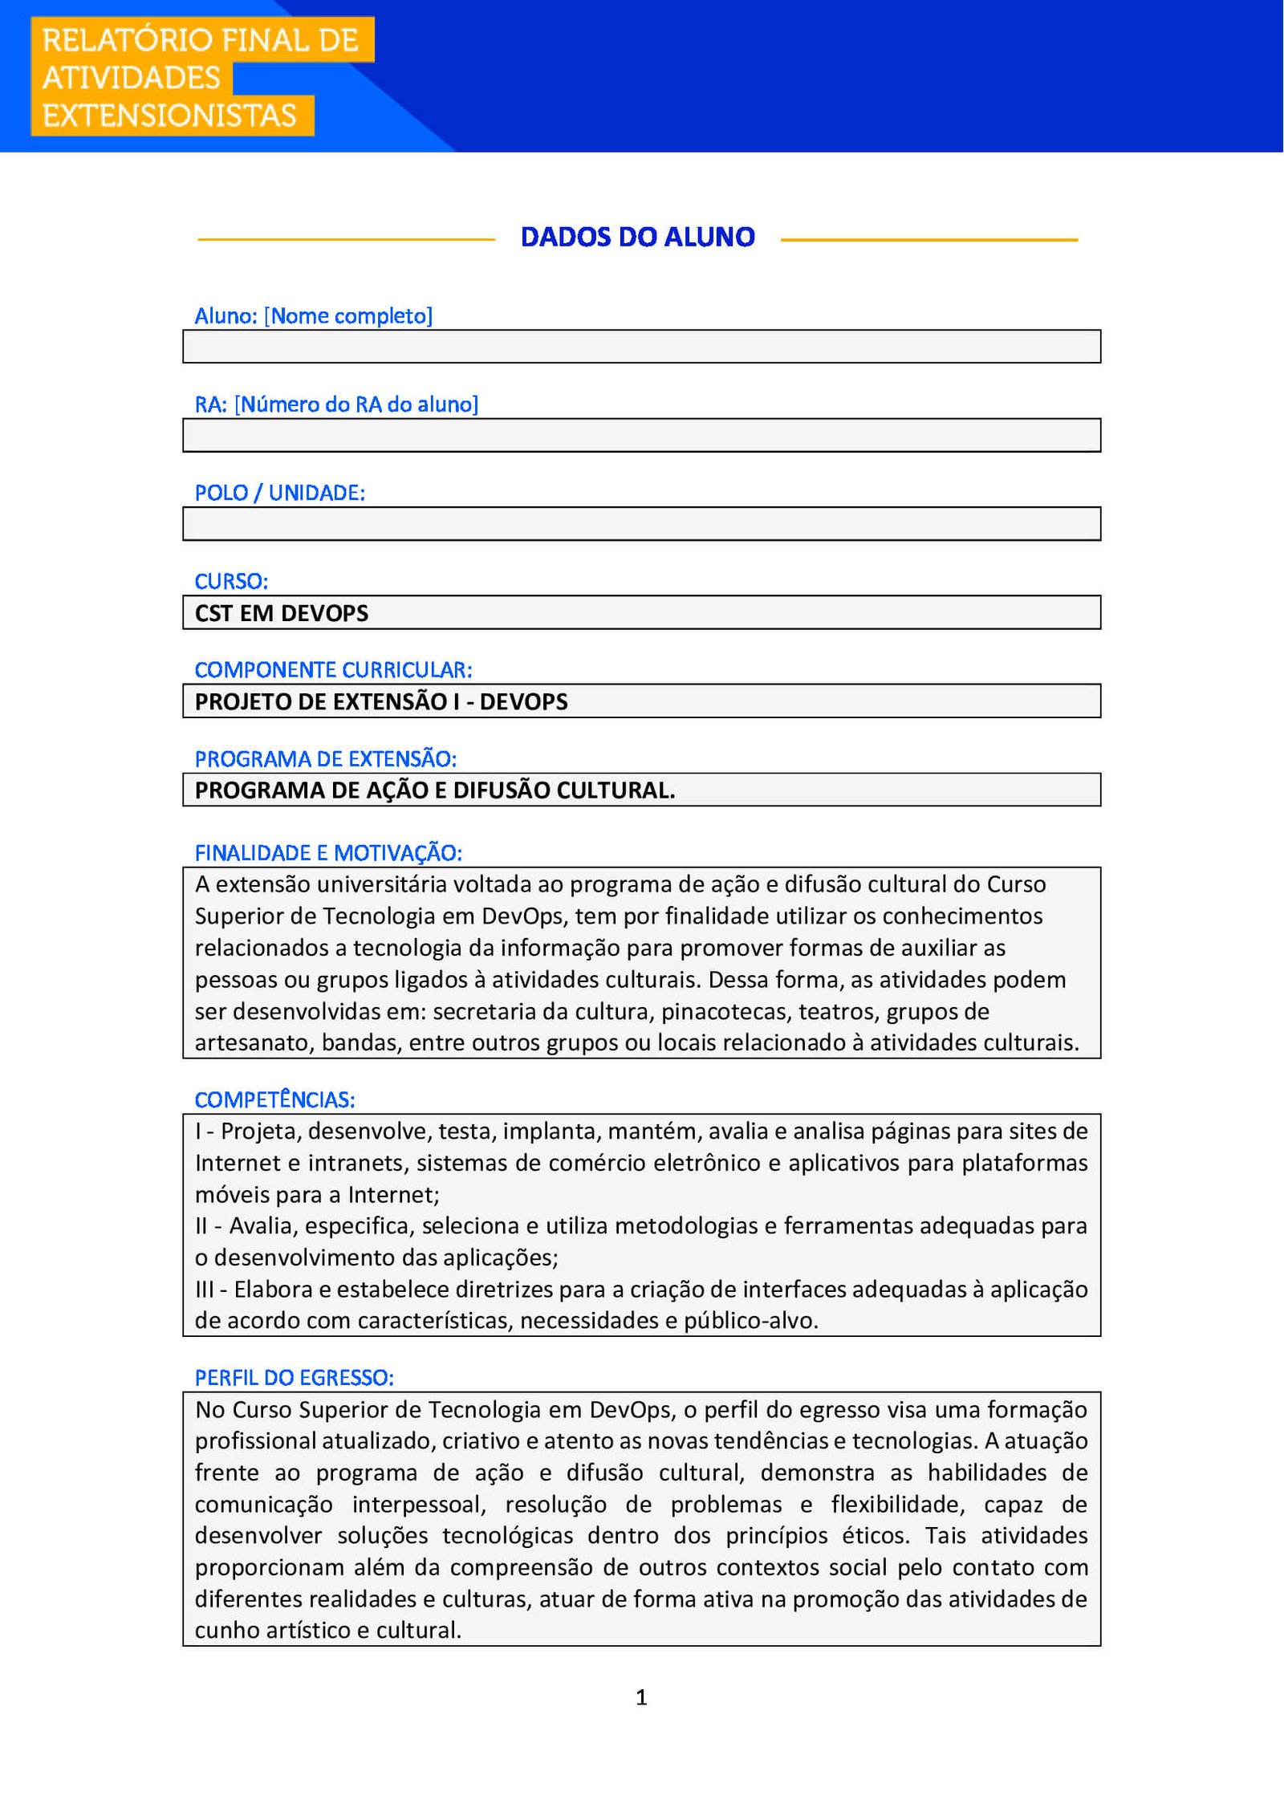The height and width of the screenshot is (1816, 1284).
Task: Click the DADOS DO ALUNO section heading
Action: pyautogui.click(x=637, y=238)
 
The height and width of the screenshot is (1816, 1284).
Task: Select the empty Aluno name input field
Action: pyautogui.click(x=641, y=347)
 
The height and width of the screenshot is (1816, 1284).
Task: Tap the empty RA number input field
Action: pyautogui.click(x=641, y=435)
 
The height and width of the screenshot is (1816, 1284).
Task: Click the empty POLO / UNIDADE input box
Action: pyautogui.click(x=641, y=523)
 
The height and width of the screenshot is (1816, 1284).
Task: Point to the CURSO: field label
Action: pyautogui.click(x=231, y=581)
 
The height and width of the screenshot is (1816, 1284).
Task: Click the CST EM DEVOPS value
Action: pyautogui.click(x=282, y=613)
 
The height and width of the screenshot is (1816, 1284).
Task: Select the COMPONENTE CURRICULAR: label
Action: pyautogui.click(x=333, y=669)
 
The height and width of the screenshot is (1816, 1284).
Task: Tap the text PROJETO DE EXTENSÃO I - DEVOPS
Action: pyautogui.click(x=381, y=701)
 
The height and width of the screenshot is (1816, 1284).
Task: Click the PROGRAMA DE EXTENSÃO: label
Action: pyautogui.click(x=325, y=758)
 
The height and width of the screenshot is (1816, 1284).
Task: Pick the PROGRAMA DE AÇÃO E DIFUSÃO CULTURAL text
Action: pyautogui.click(x=435, y=790)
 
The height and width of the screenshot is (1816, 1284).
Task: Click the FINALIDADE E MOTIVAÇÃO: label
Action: pyautogui.click(x=328, y=852)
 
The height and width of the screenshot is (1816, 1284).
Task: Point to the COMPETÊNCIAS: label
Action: pyautogui.click(x=274, y=1099)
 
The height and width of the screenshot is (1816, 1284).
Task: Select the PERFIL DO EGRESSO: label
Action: pyautogui.click(x=294, y=1377)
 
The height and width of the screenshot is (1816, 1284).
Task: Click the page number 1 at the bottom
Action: pyautogui.click(x=641, y=1696)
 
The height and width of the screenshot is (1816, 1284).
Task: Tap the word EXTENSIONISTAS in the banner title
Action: pyautogui.click(x=169, y=116)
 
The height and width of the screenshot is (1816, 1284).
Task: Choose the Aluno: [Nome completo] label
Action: pyautogui.click(x=313, y=316)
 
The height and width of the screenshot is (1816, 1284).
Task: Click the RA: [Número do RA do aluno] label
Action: pyautogui.click(x=336, y=404)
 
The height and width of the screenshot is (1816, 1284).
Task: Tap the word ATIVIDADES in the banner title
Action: pyautogui.click(x=131, y=78)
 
